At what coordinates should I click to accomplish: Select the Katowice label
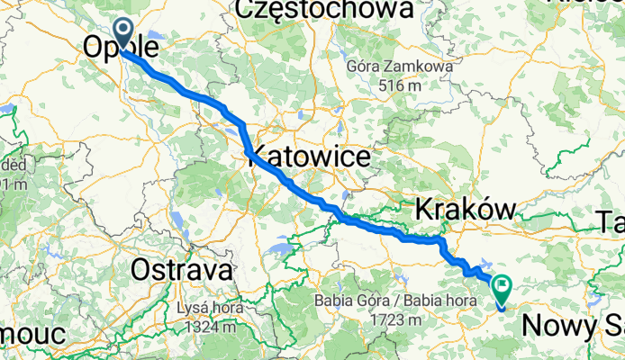[311, 158]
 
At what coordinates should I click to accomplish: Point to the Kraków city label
[465, 210]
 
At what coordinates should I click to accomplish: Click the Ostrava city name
[182, 269]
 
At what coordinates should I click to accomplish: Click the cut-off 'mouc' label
[32, 334]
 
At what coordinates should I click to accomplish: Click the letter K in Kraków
[422, 210]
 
